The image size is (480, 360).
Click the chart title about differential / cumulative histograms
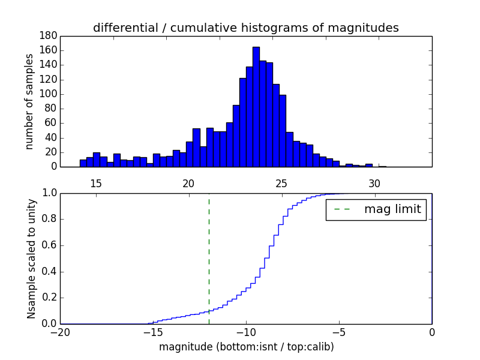coord(246,28)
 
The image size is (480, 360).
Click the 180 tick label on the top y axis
coord(48,36)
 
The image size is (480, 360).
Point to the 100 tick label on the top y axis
coord(48,94)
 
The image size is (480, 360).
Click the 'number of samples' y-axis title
coord(29,101)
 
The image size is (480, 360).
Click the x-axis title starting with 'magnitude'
coord(246,347)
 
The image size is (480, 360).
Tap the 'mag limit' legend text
coord(392,209)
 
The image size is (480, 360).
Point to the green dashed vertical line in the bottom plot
coord(209,258)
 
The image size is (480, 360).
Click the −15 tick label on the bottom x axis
coord(152,332)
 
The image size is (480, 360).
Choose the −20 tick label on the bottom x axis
coord(59,332)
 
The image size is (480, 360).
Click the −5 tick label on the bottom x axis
coord(338,332)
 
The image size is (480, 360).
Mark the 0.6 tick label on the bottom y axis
coord(48,245)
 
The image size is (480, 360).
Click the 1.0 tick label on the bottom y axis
coord(48,193)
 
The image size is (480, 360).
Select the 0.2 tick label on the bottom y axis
coord(48,298)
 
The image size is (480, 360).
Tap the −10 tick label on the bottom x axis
coord(245,332)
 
